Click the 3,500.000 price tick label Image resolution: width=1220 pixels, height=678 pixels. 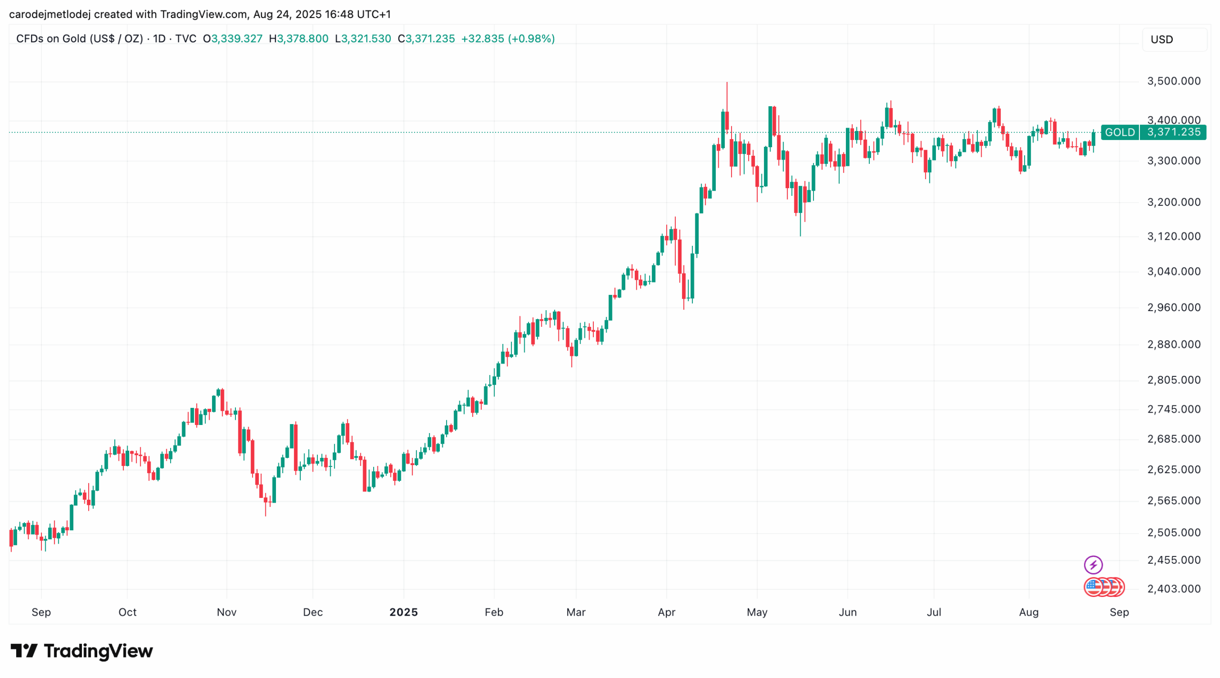coord(1173,81)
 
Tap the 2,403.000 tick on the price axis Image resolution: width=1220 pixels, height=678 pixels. coord(1173,588)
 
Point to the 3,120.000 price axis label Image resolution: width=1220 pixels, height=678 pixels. coord(1173,236)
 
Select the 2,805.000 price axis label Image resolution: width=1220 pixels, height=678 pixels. coord(1173,380)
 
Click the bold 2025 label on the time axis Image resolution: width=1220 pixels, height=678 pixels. coord(403,612)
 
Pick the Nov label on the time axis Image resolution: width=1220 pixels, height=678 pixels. coord(226,612)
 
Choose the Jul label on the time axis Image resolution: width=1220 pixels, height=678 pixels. coord(934,612)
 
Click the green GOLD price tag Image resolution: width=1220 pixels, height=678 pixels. coord(1119,132)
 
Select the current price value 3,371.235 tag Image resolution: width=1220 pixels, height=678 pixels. coord(1173,132)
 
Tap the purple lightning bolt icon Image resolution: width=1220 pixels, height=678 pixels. coord(1093,565)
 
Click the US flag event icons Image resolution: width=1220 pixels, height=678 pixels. coord(1104,587)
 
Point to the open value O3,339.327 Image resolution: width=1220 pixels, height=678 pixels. coord(233,39)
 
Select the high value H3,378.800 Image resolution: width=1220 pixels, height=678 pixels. coord(298,39)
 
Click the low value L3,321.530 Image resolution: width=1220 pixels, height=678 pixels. coord(363,39)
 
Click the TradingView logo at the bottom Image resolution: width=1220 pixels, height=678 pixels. coord(81,650)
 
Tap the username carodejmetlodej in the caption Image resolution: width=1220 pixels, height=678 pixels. coord(50,14)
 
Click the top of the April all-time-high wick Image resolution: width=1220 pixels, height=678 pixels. coord(726,82)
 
